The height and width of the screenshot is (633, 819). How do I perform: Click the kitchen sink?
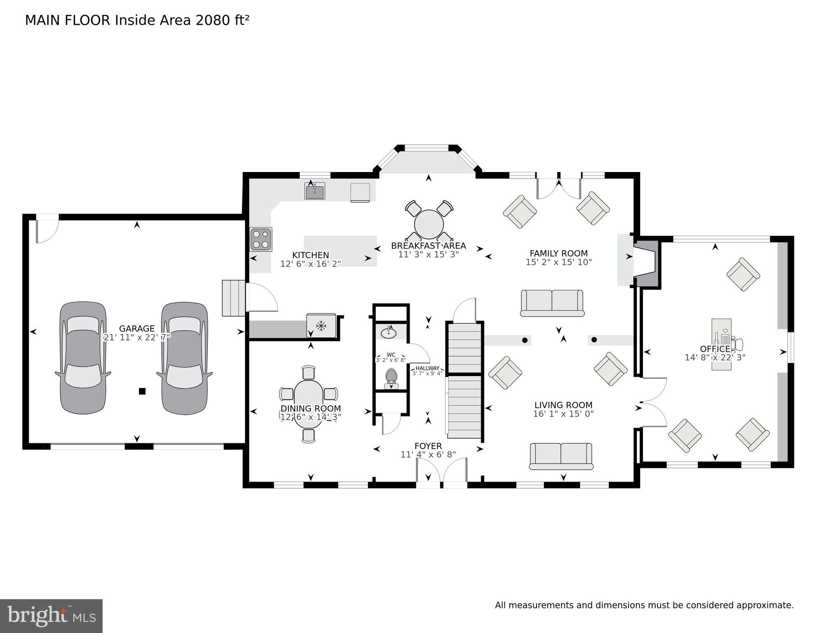coord(315,191)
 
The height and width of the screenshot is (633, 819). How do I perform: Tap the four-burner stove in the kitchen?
coord(261,240)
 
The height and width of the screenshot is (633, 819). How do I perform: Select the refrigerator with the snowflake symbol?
coord(321,326)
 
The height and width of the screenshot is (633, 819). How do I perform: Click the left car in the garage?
coord(83,358)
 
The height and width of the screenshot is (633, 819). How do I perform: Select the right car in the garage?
coord(184,358)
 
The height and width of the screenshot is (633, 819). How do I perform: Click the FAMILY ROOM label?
coord(559,253)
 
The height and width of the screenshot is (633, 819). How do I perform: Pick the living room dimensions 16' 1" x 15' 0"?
coord(563,414)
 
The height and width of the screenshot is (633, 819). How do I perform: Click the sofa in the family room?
coord(552,303)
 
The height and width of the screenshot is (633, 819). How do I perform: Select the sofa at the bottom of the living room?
coord(561,456)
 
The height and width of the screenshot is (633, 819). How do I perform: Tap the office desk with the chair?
coord(721,344)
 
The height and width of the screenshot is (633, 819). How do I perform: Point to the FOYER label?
coord(428,446)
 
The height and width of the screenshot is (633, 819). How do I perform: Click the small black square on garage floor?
coord(142,391)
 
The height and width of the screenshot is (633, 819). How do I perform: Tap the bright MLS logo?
coord(51,616)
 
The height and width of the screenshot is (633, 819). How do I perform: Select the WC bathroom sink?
coord(388,332)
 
